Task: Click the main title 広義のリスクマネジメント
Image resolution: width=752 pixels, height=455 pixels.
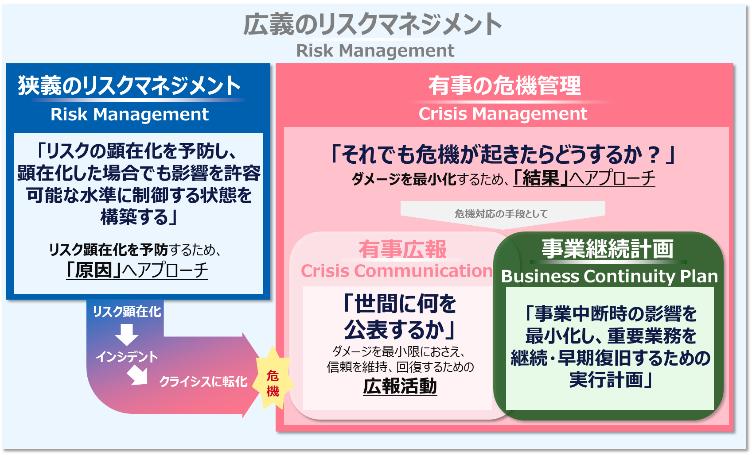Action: click(372, 24)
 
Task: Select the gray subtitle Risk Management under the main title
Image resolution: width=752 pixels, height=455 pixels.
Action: click(375, 50)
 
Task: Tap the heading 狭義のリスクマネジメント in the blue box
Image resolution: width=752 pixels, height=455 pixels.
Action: click(129, 85)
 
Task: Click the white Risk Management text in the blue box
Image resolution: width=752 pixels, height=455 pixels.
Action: click(129, 114)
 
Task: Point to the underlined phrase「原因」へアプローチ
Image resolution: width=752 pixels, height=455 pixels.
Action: click(137, 270)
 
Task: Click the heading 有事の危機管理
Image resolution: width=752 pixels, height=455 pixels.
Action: click(504, 85)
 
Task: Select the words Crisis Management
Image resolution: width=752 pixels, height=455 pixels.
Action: click(503, 114)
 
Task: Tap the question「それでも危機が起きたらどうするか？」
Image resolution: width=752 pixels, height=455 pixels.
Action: click(503, 154)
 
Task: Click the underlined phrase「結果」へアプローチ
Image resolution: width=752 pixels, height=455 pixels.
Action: click(584, 178)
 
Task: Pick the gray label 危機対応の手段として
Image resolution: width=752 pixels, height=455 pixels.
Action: click(501, 214)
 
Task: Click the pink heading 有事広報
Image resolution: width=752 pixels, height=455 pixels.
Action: click(402, 249)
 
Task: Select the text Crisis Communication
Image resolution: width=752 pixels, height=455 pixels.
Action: click(397, 271)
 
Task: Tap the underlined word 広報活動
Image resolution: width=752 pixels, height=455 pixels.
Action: click(400, 386)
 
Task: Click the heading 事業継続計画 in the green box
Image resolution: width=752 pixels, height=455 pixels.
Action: click(608, 249)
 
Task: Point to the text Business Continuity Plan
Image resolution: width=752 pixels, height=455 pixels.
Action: click(609, 276)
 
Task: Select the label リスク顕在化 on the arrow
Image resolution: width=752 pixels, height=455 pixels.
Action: click(127, 312)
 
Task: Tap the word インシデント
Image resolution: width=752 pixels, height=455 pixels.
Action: click(127, 357)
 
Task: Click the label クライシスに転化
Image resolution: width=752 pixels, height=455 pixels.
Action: click(203, 382)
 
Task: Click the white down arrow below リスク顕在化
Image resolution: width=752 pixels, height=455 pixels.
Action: click(127, 334)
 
